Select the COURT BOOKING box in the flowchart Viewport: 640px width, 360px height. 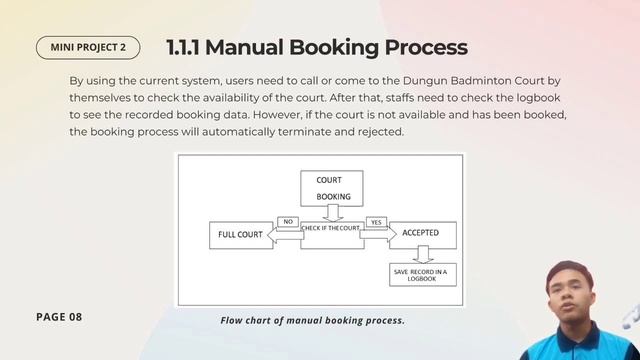(331, 188)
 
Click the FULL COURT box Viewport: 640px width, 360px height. (240, 235)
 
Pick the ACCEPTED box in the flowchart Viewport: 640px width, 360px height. (421, 235)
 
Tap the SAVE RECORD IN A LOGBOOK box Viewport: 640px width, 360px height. (422, 274)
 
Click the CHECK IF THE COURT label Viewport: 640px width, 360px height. (330, 229)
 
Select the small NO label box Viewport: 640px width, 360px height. (287, 221)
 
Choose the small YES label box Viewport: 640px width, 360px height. (376, 221)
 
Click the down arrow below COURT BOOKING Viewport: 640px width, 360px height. (331, 213)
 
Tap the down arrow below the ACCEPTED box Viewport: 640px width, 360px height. (421, 255)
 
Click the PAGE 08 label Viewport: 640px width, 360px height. (59, 317)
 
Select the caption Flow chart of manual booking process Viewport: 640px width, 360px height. (312, 320)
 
